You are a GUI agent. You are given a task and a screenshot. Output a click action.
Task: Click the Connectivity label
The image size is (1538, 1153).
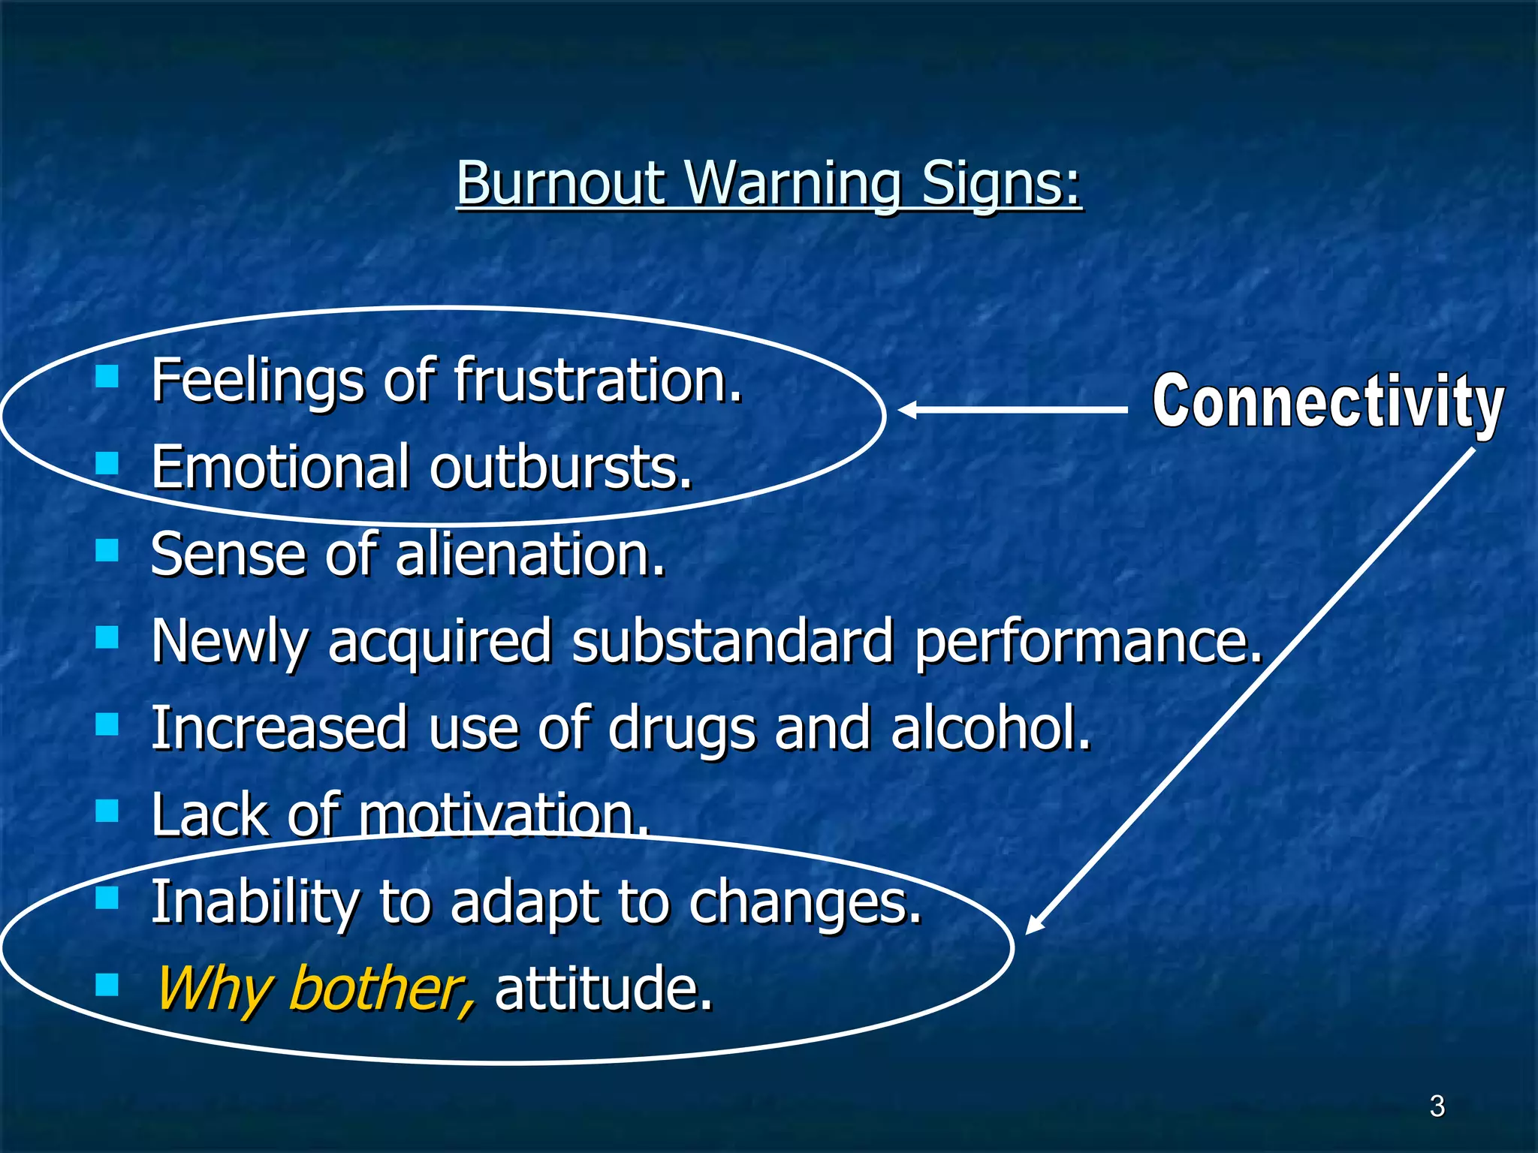[x=1328, y=402]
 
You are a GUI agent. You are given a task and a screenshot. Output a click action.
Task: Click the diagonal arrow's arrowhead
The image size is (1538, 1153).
[x=1035, y=926]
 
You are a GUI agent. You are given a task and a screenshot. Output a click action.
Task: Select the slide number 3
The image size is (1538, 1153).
[x=1437, y=1106]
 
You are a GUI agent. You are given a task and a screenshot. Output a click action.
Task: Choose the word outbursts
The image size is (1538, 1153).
[x=559, y=467]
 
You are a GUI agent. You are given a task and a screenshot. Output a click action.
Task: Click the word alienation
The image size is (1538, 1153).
[x=529, y=554]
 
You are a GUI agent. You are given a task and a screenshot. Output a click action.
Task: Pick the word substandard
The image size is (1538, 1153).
[x=732, y=641]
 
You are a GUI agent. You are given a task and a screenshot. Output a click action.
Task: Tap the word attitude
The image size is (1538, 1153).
[x=603, y=988]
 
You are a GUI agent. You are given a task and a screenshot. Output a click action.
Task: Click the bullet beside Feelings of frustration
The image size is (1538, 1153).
[x=107, y=376]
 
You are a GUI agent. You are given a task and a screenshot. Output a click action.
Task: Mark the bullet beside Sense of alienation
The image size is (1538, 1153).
[x=107, y=550]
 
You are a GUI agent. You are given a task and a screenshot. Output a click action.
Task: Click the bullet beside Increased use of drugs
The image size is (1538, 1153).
[x=107, y=724]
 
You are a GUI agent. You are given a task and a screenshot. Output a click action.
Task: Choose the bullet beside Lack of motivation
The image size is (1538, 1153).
[x=107, y=811]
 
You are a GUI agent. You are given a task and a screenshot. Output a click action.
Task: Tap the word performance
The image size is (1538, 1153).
[x=1089, y=643]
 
